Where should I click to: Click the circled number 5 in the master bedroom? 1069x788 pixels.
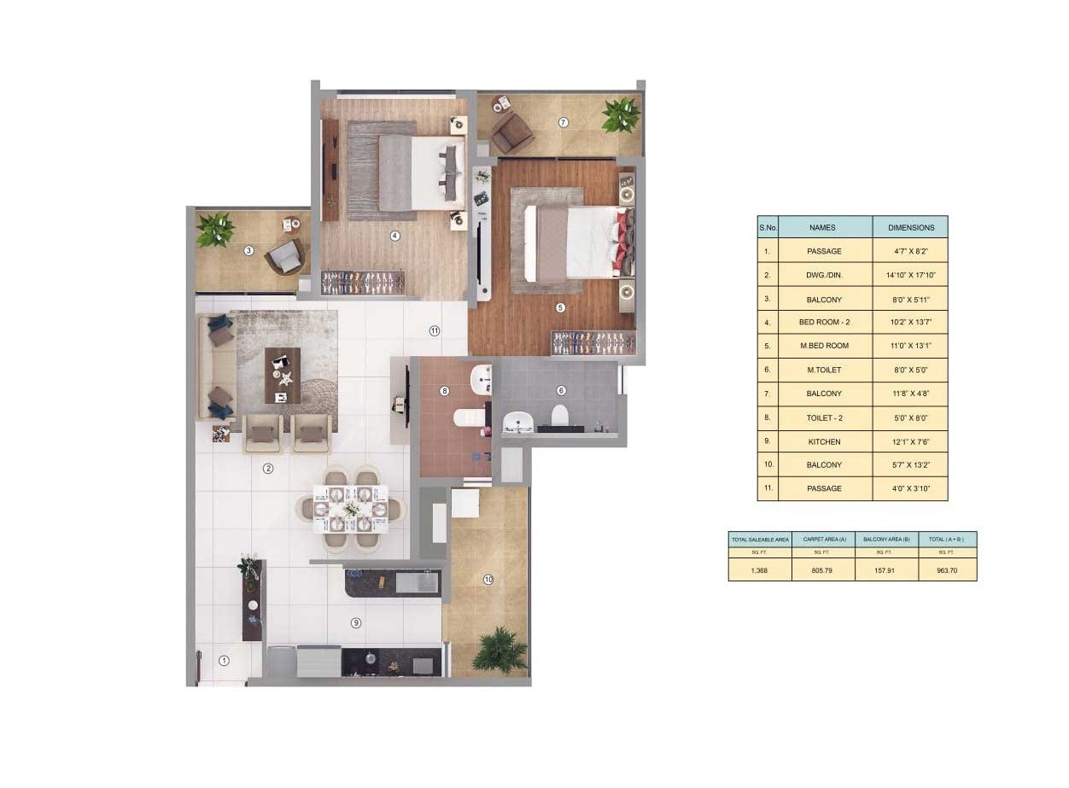561,308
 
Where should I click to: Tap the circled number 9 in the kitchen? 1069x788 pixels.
355,623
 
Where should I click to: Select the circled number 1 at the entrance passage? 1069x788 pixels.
224,661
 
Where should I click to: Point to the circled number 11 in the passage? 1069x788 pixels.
435,330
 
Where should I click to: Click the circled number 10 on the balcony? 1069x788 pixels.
488,580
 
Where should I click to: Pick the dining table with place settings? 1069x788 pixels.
351,509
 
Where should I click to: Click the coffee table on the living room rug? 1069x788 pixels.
283,376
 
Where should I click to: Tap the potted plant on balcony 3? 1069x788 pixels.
216,230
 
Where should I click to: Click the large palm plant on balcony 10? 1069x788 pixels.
499,651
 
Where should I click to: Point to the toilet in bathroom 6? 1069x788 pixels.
559,416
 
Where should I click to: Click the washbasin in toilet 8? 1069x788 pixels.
481,380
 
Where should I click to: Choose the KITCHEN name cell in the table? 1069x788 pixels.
825,441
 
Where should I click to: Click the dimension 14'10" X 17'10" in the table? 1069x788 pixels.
910,275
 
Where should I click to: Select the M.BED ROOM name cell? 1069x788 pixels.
825,346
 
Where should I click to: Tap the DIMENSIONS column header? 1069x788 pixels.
910,228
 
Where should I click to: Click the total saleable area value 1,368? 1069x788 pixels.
759,570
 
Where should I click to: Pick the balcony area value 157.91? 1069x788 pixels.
885,570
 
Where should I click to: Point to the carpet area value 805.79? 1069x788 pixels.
821,570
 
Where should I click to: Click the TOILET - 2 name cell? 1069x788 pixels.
825,417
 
